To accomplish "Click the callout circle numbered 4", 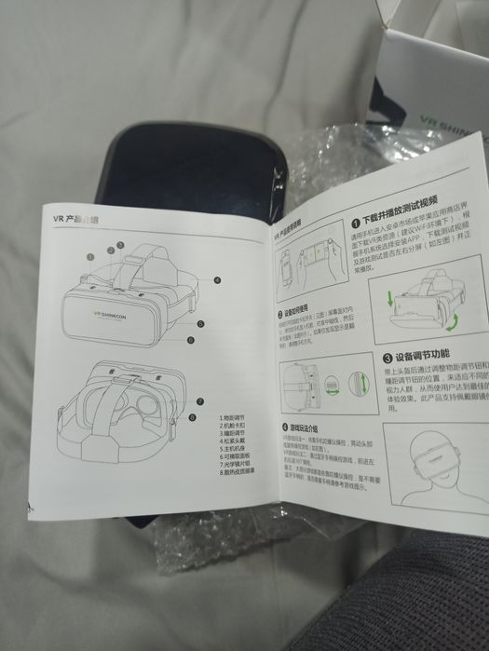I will (x=216, y=279).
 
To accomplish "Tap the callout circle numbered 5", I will (x=200, y=323).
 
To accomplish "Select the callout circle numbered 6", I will (x=191, y=340).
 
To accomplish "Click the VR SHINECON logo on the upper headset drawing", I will (x=115, y=313).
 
